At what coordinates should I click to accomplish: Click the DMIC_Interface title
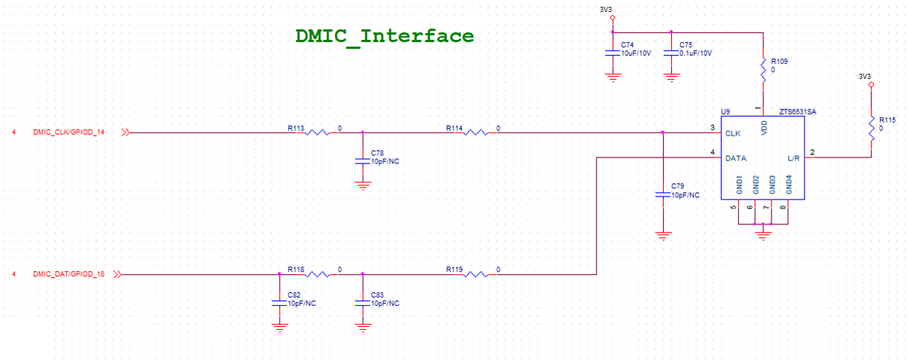(x=384, y=35)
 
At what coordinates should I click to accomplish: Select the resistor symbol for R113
(x=318, y=133)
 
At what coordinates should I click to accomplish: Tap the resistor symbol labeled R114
(x=476, y=133)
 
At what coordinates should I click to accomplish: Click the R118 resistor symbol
(x=318, y=275)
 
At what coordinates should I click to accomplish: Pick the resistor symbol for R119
(x=476, y=275)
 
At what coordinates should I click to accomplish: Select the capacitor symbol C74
(x=612, y=53)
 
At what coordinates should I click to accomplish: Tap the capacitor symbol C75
(x=670, y=53)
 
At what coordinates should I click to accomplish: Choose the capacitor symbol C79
(x=662, y=194)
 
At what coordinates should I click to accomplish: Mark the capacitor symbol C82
(x=279, y=302)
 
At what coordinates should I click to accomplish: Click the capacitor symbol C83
(x=363, y=302)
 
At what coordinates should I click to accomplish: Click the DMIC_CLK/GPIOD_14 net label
(x=69, y=133)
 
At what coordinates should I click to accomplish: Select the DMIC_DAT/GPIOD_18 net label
(x=69, y=275)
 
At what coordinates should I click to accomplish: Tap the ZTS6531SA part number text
(x=798, y=111)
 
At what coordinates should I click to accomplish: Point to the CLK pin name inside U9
(x=733, y=133)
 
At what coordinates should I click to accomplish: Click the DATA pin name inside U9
(x=735, y=158)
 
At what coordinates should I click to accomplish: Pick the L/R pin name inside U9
(x=793, y=158)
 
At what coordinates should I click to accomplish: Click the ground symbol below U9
(x=763, y=234)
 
